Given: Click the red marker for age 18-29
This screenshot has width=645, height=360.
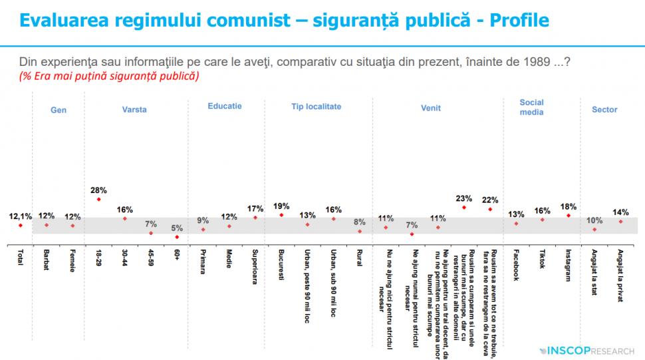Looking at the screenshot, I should point(98,199).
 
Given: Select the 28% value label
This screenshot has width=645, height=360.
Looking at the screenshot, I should point(98,190).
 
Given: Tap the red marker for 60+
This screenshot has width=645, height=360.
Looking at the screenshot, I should point(177,236).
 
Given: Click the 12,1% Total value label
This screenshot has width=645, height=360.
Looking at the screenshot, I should point(19,216).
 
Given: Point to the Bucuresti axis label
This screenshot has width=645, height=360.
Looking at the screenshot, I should point(282,265).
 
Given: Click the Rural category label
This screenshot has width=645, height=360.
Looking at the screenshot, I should point(360,259).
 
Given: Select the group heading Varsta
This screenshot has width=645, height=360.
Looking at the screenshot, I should point(134,110).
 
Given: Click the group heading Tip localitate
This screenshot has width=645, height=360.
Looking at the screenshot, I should point(316,106).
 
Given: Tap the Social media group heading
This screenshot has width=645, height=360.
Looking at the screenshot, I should point(531,107).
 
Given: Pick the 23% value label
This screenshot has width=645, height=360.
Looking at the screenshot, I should point(463,198).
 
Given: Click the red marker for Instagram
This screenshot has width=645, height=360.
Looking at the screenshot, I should point(569,216).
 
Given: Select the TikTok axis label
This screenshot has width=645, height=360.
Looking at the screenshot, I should point(543,259).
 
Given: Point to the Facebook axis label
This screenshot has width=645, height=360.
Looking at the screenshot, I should point(517,265).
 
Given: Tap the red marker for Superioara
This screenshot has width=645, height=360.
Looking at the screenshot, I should point(255,218).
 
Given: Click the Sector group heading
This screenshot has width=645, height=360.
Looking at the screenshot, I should point(604,110).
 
